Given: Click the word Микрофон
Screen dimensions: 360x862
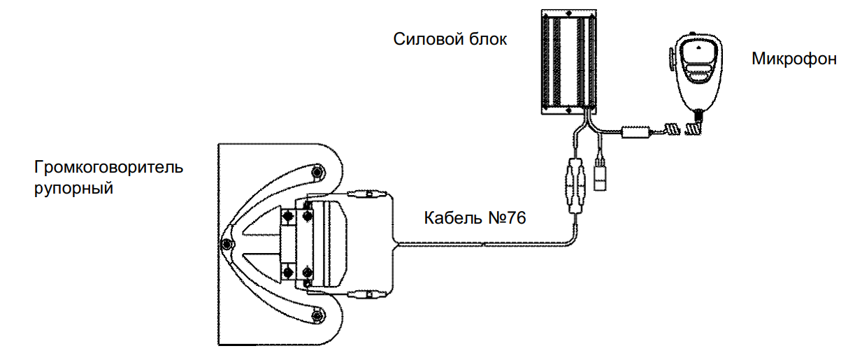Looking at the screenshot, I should [794, 59].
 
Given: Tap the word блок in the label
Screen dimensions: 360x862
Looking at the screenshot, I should [487, 39].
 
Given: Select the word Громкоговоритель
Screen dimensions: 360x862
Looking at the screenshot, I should [108, 168].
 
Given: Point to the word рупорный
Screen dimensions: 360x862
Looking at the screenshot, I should [74, 188].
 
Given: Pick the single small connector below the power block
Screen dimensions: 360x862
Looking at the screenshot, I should [600, 175].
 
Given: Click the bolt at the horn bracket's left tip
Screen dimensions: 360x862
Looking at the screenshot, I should [226, 243].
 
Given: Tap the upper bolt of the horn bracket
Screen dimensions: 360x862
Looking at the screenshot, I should [318, 171].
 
